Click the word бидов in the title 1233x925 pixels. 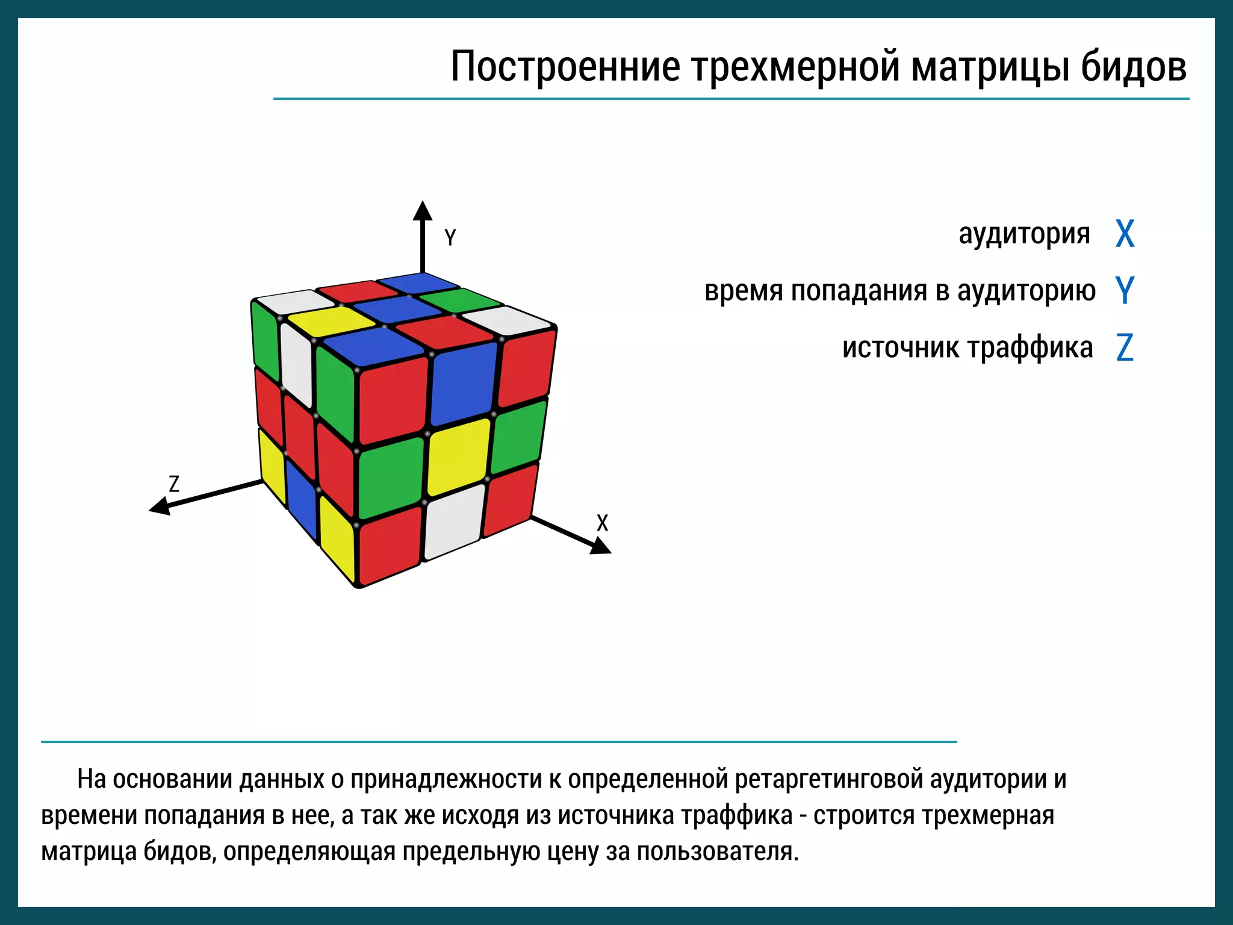pos(1133,66)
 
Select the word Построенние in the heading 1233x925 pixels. pos(565,66)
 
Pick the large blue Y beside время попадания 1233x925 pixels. pos(1125,290)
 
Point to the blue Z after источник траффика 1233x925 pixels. pos(1125,347)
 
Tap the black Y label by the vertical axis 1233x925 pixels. pos(450,237)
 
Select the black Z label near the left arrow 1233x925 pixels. pos(174,484)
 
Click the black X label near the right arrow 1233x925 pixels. pos(602,523)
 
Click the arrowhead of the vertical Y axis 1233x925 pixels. pos(423,211)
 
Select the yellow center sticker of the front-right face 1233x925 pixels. pos(459,455)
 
